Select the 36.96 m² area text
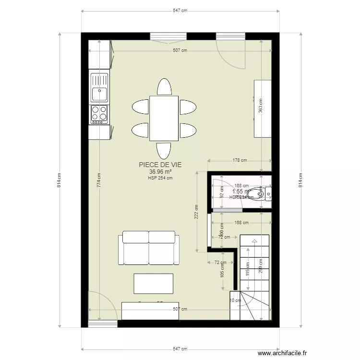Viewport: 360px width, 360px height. tap(160, 171)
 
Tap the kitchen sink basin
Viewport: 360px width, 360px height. tap(99, 93)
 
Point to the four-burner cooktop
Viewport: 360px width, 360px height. tap(99, 113)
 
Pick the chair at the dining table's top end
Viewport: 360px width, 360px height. tap(164, 87)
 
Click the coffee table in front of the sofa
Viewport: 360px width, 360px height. tap(153, 283)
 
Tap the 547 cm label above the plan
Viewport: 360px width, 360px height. tap(180, 11)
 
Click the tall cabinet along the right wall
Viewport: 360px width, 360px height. tap(263, 108)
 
